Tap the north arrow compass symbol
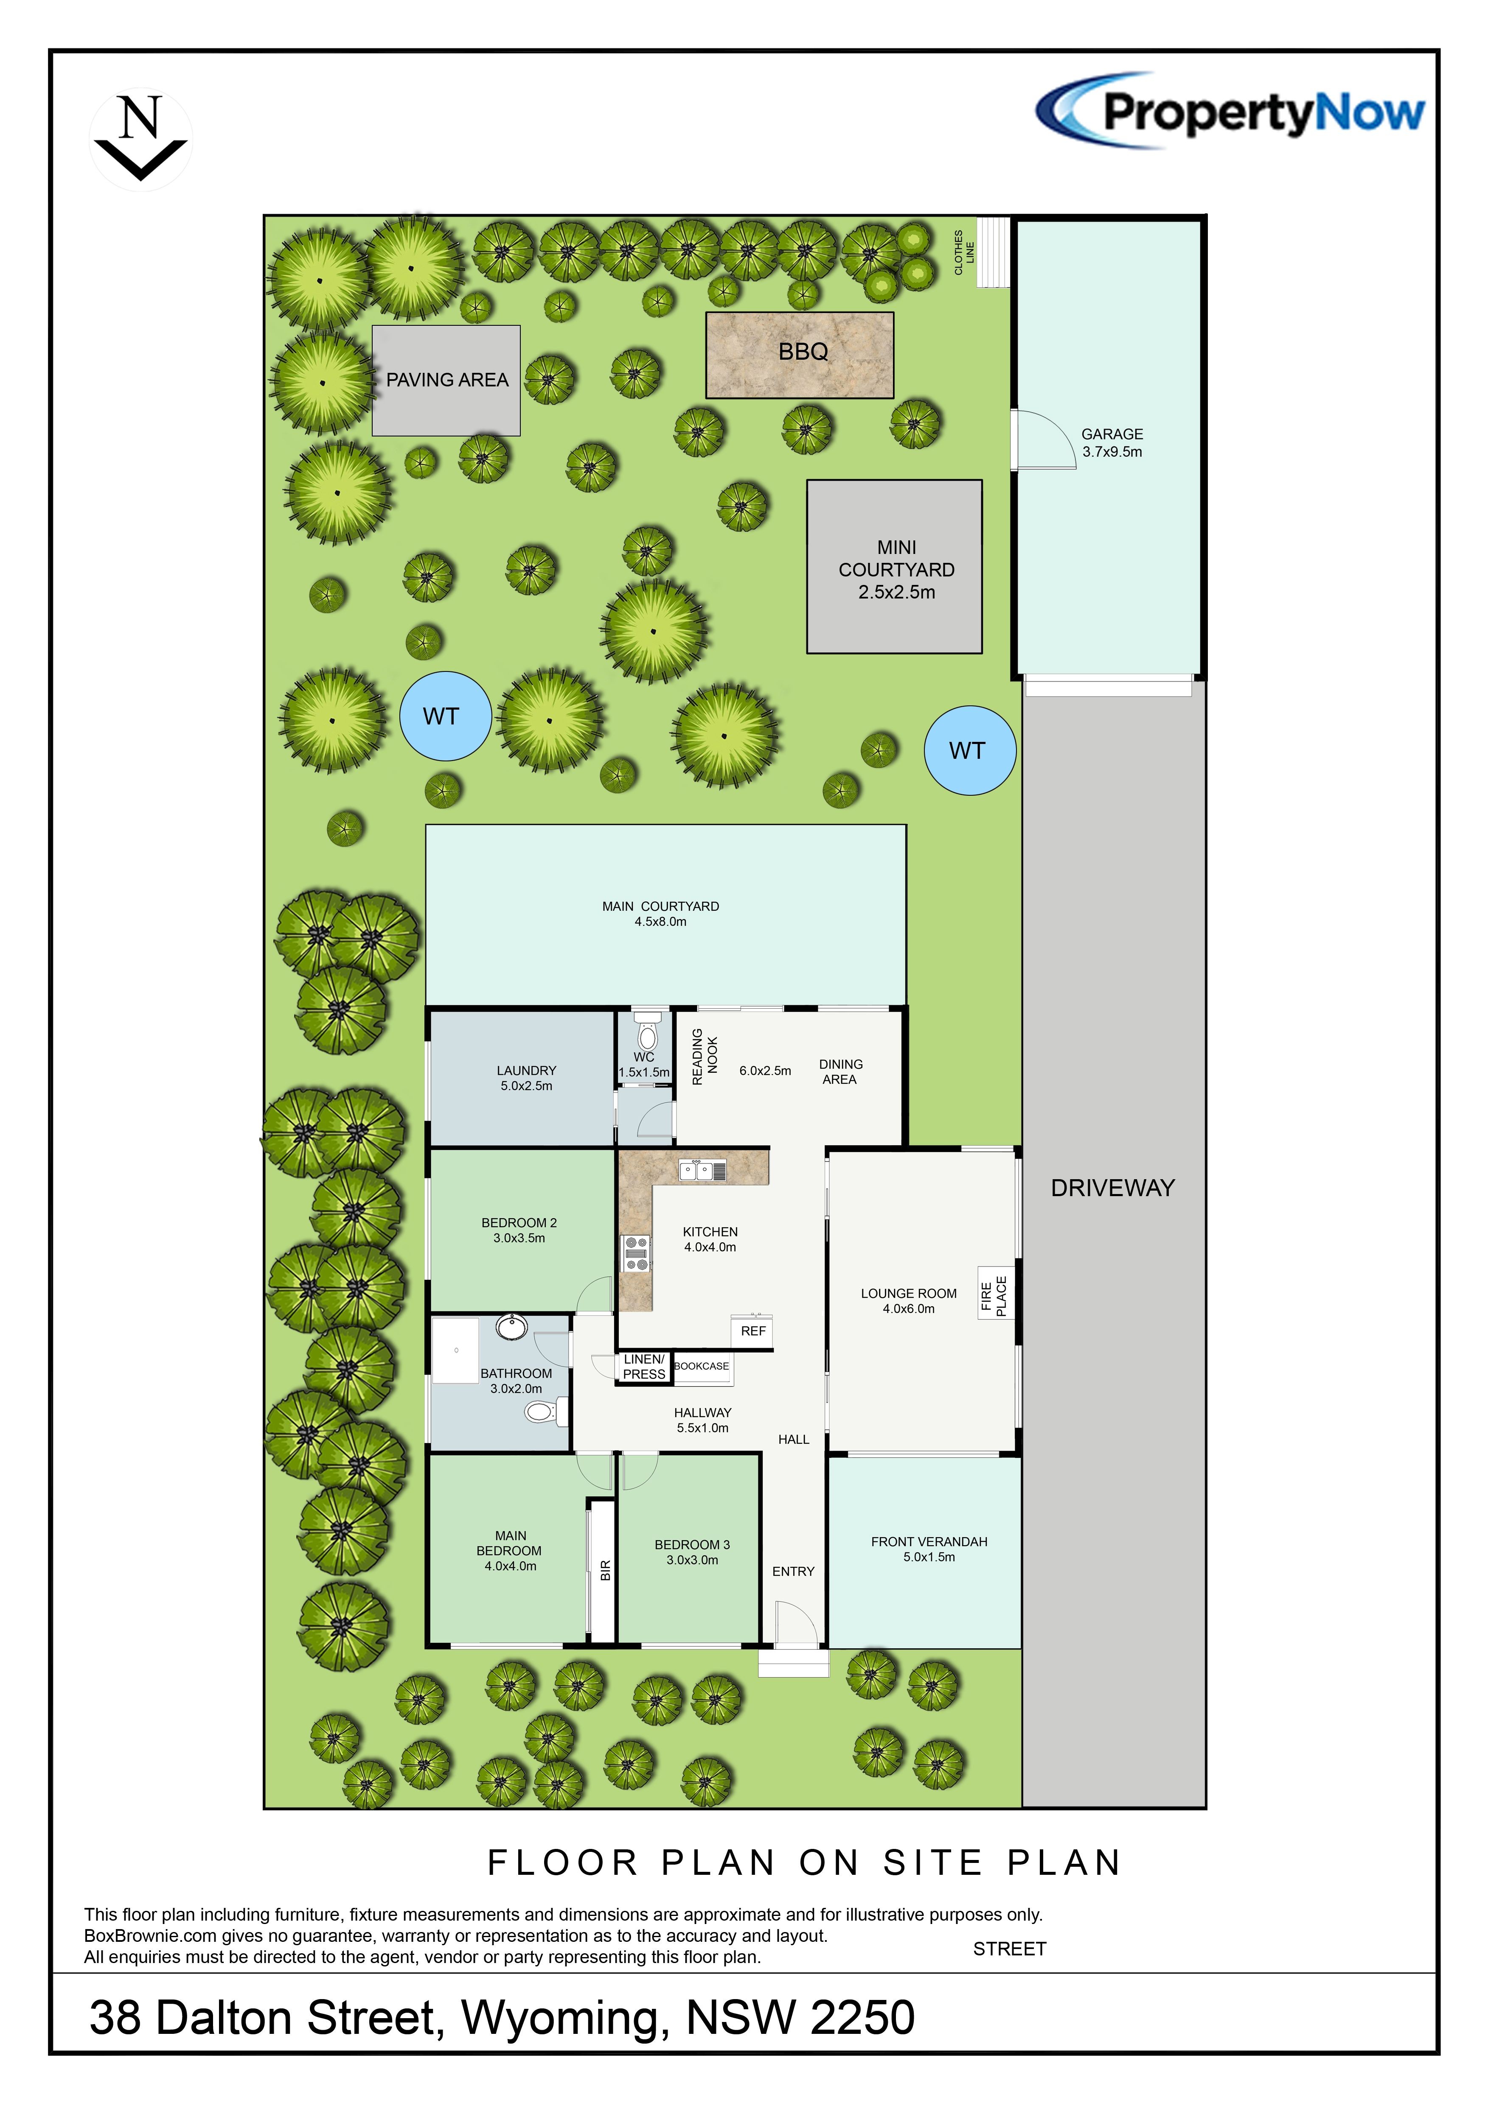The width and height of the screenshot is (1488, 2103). (141, 139)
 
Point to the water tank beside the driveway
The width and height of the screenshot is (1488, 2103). (969, 750)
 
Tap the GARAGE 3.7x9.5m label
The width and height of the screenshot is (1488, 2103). (1112, 442)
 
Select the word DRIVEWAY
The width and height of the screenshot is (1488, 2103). (1112, 1188)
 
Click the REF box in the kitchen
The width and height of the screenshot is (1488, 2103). (753, 1331)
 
